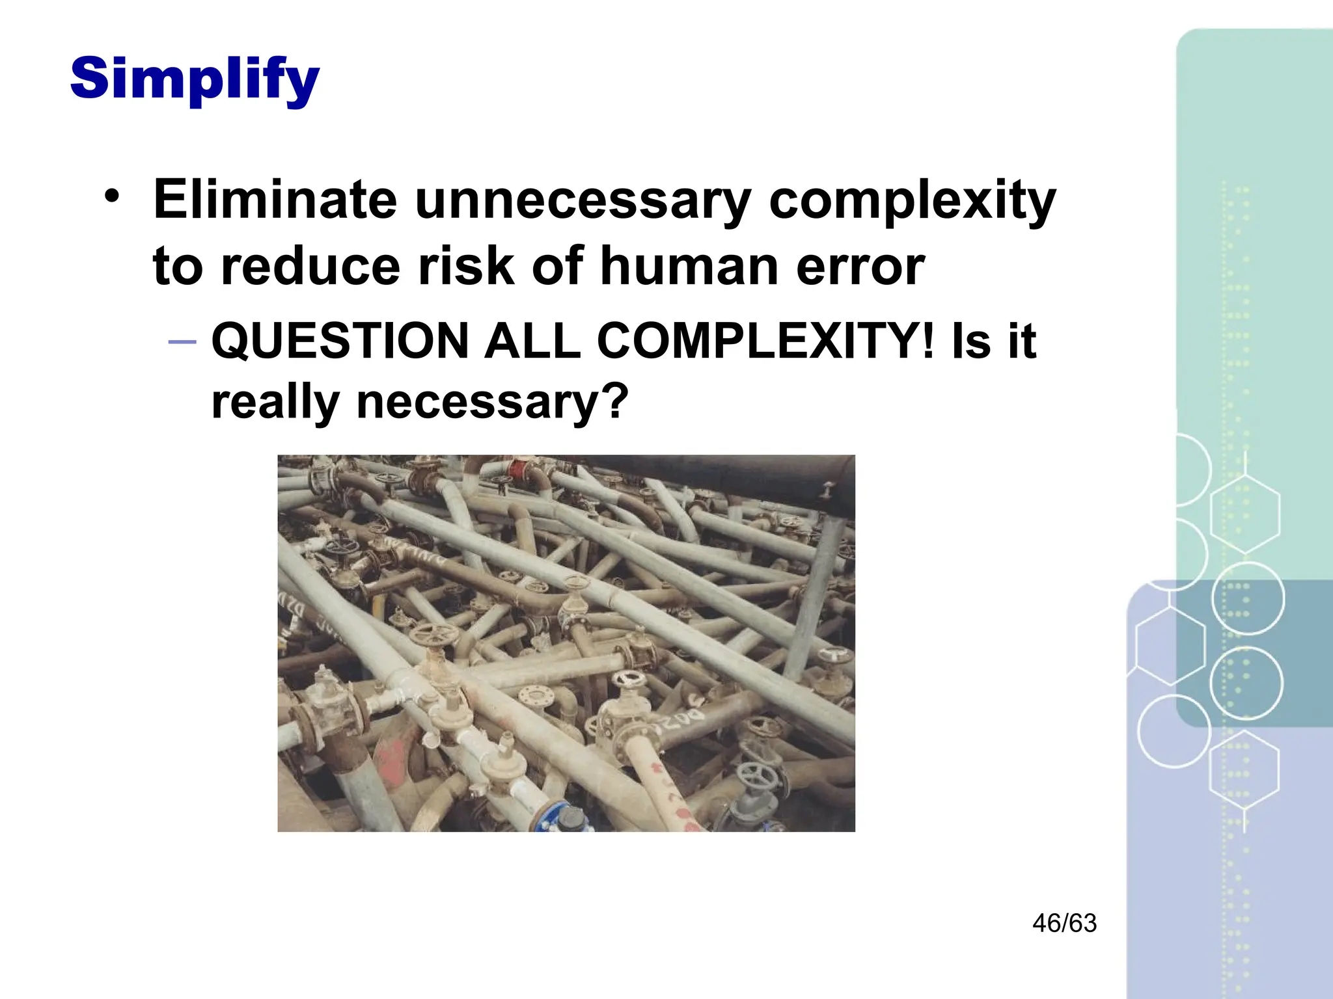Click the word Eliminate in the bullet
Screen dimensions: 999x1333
click(274, 199)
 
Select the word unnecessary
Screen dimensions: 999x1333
click(583, 199)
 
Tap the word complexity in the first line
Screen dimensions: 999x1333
click(912, 200)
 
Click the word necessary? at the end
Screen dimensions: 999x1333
click(492, 402)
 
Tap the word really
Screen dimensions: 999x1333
click(275, 402)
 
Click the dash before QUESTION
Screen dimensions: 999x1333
click(182, 341)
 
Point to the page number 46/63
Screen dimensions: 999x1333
click(1064, 923)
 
